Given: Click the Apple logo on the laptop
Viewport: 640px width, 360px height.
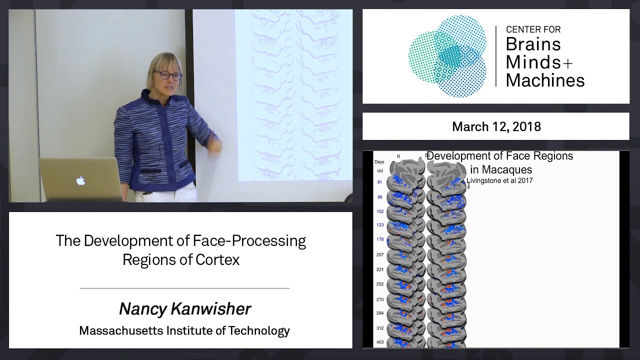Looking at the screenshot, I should tap(81, 180).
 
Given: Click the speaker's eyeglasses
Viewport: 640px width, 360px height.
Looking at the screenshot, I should tap(167, 75).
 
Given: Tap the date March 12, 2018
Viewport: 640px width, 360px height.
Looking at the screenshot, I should tap(496, 126).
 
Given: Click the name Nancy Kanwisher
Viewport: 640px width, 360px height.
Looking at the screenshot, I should tap(185, 309).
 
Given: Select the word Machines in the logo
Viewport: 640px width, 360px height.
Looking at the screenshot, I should tap(545, 79).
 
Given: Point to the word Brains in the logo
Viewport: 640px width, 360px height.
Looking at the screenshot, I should tap(533, 44).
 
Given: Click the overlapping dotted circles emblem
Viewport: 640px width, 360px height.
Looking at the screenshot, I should tap(447, 55).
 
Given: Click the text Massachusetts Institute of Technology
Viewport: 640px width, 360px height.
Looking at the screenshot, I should tap(184, 330).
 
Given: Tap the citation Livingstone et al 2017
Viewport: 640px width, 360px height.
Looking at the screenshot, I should tap(499, 180).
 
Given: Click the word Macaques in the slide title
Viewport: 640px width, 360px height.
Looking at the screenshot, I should tap(501, 169).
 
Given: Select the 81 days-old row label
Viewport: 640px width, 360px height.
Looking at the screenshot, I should tap(380, 182).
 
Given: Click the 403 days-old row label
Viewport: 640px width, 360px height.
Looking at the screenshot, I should tap(380, 342).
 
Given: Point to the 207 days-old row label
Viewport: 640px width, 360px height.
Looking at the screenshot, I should tap(380, 255).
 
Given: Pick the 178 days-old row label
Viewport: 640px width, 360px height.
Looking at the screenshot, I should tap(380, 239).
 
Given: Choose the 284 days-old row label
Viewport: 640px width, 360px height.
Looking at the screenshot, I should tap(380, 313).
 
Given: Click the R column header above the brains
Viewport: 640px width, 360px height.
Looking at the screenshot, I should tap(398, 156).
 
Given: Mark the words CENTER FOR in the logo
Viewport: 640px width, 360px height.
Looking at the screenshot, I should tap(533, 29).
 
